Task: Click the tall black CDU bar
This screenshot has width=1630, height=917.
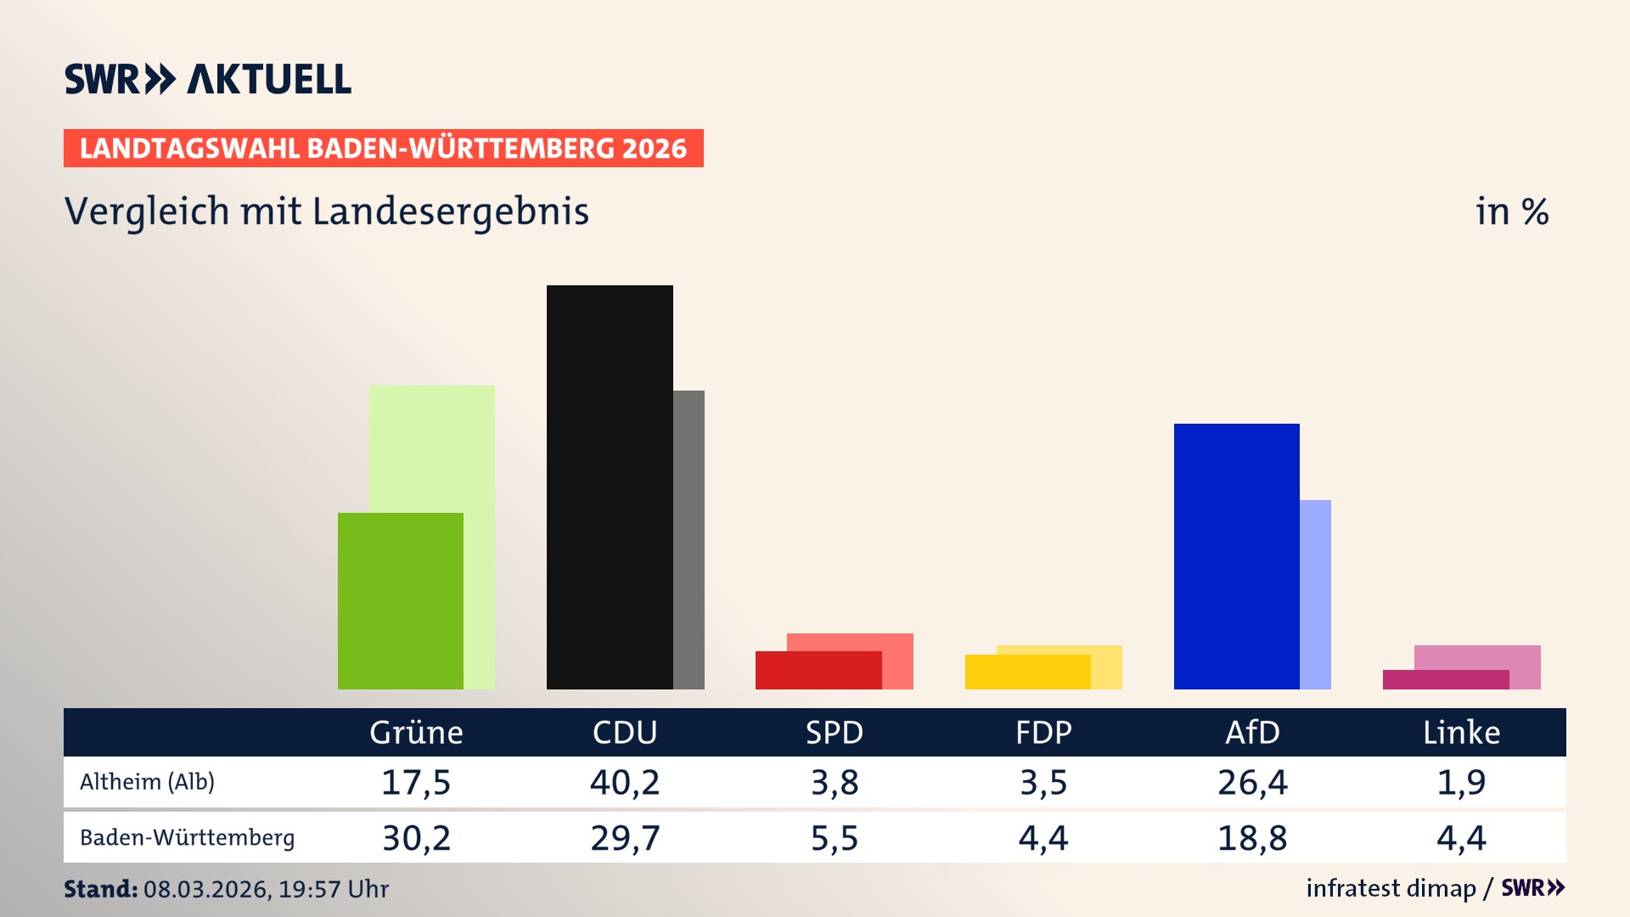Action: pos(610,487)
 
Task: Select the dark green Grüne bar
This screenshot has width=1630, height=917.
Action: pos(400,600)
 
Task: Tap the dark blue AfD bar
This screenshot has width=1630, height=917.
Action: pos(1236,556)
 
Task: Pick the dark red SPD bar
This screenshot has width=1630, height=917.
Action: pos(818,670)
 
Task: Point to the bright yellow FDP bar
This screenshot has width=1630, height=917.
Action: pos(1027,672)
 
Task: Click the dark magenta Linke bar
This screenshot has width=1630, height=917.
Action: pos(1445,679)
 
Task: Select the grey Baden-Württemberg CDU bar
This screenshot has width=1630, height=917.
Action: pos(689,539)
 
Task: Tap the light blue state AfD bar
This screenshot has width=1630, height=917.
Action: pos(1315,594)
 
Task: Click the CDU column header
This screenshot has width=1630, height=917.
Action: pos(625,732)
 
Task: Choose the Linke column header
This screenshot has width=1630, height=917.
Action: pos(1461,732)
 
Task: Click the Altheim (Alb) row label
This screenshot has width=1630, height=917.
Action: pos(147,781)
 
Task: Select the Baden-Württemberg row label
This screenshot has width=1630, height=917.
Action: pos(187,837)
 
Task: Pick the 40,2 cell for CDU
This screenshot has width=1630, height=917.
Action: pos(625,782)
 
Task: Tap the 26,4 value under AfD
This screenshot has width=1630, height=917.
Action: pos(1252,782)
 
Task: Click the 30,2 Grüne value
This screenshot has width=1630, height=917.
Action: pos(416,838)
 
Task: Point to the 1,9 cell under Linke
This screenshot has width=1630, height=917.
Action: pos(1461,782)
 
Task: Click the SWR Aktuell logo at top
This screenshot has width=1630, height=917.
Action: pos(208,79)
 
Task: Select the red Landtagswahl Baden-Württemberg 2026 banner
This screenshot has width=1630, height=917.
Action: pos(383,148)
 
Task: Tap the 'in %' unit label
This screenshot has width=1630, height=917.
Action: pos(1511,211)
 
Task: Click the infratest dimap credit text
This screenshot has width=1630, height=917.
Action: pos(1391,888)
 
